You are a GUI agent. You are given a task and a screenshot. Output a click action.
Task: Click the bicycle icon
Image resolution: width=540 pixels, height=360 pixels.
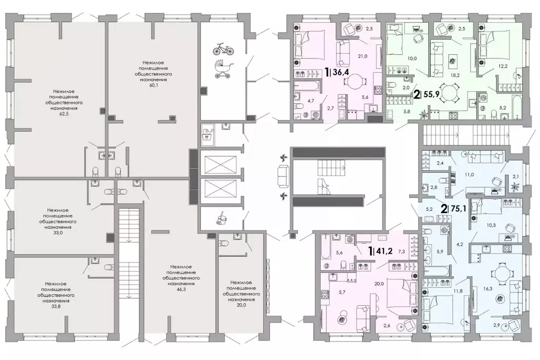[x=223, y=49]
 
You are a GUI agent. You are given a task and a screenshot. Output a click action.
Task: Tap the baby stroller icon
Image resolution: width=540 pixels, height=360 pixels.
[x=224, y=69]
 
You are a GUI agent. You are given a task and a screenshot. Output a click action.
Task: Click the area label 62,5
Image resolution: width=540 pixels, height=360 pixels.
[x=64, y=113]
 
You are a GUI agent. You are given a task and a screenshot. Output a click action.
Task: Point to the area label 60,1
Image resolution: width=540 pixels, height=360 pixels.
[x=153, y=85]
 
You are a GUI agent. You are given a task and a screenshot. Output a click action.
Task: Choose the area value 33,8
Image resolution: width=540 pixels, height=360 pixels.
[x=56, y=306]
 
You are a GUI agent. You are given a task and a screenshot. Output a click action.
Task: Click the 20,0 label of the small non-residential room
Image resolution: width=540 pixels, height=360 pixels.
[x=241, y=305]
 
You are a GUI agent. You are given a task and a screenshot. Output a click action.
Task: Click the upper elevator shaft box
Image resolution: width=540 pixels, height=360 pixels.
[x=221, y=164]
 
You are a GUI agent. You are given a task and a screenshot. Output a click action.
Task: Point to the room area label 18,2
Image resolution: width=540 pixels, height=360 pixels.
[x=455, y=75]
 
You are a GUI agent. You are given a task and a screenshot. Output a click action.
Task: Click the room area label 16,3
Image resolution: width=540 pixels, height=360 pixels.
[x=488, y=289]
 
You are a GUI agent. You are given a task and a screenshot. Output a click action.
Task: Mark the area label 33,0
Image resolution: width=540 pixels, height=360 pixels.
[x=57, y=232]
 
